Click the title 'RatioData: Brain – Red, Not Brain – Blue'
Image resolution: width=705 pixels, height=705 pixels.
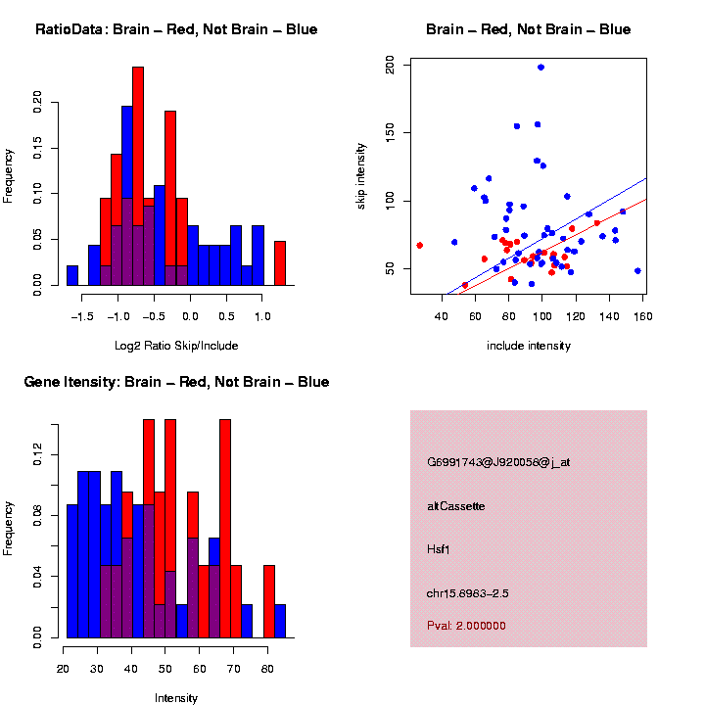176,29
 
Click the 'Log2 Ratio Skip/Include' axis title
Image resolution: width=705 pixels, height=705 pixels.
177,345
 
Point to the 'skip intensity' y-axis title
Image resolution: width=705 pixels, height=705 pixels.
361,175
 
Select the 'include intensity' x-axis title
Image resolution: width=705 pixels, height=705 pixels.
528,345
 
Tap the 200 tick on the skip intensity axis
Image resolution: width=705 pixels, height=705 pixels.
390,65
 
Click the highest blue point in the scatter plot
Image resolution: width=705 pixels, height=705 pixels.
540,68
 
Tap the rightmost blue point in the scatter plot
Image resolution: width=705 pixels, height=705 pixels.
637,270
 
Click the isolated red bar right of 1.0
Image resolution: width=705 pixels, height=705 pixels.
280,263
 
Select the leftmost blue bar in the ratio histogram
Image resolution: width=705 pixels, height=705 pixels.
72,275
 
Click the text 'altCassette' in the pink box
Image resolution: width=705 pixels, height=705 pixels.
456,506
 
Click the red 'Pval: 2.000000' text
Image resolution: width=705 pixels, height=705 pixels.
467,626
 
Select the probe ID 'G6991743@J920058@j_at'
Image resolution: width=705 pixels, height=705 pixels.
498,461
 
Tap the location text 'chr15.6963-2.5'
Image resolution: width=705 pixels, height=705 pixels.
468,593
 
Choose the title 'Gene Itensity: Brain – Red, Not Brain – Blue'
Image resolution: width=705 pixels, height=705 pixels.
176,382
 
